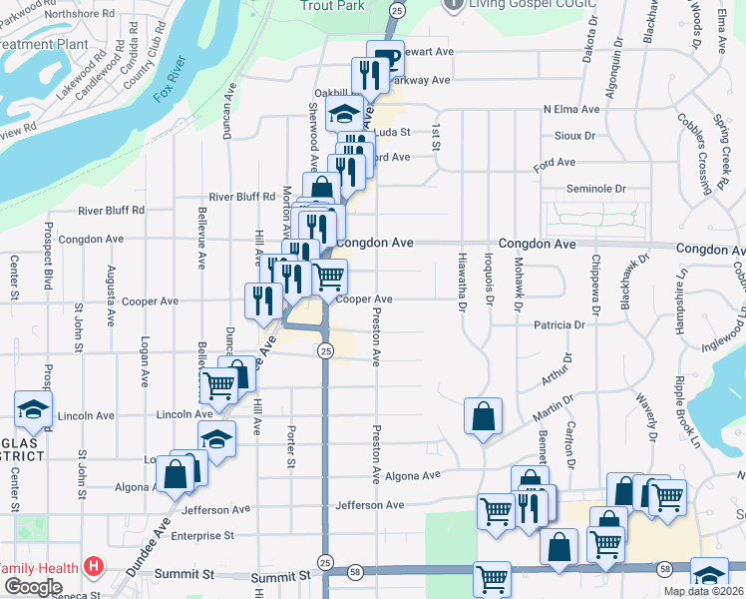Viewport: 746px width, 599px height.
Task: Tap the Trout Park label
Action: click(334, 5)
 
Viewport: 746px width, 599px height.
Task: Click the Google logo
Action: click(33, 587)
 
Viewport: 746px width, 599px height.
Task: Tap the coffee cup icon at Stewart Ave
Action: click(385, 56)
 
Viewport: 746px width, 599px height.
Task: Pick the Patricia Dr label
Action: click(559, 325)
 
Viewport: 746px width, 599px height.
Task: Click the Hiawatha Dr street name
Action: click(462, 281)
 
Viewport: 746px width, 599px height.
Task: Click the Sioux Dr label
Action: click(573, 135)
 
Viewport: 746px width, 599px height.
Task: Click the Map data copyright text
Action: click(702, 591)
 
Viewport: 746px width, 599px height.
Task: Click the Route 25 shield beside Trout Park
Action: click(397, 9)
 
